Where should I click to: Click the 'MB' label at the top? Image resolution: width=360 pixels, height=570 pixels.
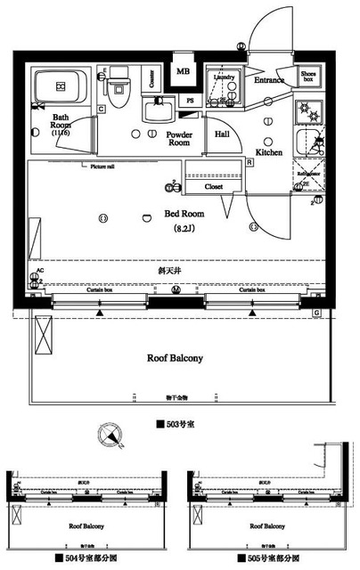coord(184,71)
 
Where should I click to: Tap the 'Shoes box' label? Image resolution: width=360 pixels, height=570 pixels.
coord(308,77)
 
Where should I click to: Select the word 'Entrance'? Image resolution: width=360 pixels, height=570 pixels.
coord(268,80)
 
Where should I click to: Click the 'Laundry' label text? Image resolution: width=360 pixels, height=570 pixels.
coord(224,77)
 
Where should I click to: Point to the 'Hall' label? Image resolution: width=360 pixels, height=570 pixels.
coord(224,134)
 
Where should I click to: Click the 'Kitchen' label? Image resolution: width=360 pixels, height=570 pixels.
coord(269,152)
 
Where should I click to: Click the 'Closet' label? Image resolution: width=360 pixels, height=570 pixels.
coord(214,188)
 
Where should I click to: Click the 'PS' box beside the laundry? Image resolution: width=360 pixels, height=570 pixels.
coord(190,101)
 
